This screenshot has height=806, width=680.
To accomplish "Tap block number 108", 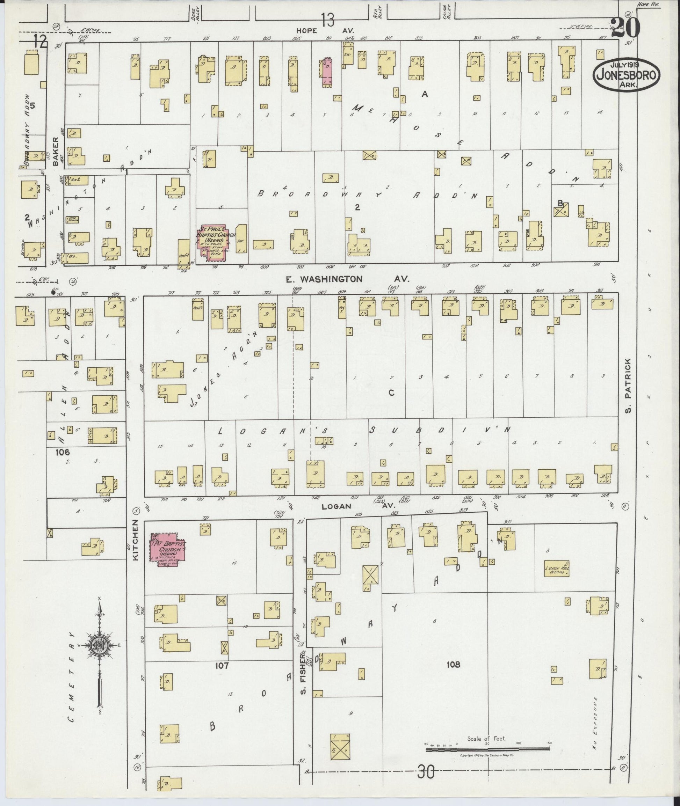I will coord(453,664).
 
